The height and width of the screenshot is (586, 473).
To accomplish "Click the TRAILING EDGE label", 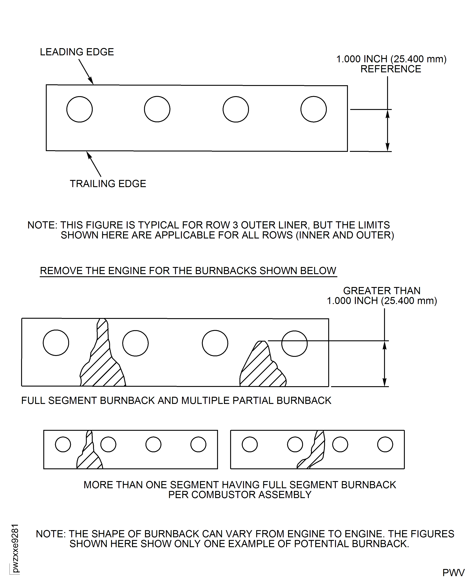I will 108,184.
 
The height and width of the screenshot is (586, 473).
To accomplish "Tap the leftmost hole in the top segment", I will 80,109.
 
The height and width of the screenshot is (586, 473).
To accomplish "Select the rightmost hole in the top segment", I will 313,109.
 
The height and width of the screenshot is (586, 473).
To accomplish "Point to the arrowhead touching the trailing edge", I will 89,155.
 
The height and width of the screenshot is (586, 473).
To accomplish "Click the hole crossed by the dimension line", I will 294,343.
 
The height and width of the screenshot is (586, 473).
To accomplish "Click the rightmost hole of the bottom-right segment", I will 385,445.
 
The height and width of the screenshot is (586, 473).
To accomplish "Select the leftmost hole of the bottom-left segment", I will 63,445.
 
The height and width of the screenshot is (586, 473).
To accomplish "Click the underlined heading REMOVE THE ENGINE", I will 188,271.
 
